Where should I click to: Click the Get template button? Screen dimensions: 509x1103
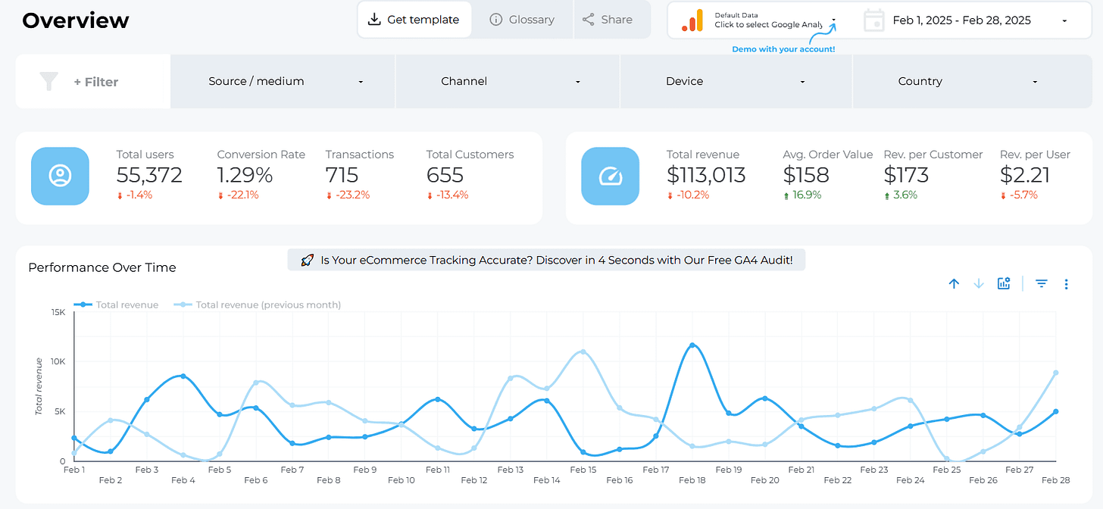(x=414, y=20)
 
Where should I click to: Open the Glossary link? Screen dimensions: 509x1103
(x=522, y=20)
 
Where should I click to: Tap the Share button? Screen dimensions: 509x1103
(x=608, y=20)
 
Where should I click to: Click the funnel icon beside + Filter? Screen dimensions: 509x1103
(x=49, y=82)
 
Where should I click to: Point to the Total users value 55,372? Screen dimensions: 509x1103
(x=149, y=175)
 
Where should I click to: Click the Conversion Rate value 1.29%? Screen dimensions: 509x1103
(x=245, y=175)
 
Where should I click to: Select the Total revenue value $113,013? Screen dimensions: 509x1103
(x=706, y=175)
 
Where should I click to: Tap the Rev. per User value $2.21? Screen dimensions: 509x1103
(x=1025, y=175)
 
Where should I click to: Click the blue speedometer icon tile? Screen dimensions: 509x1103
(x=610, y=176)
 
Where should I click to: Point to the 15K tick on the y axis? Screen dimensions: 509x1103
(x=58, y=311)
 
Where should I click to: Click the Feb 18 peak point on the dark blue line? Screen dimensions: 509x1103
(x=692, y=345)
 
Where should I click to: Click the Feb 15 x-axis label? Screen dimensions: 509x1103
(x=583, y=470)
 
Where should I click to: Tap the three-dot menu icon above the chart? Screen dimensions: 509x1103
(x=1066, y=284)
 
